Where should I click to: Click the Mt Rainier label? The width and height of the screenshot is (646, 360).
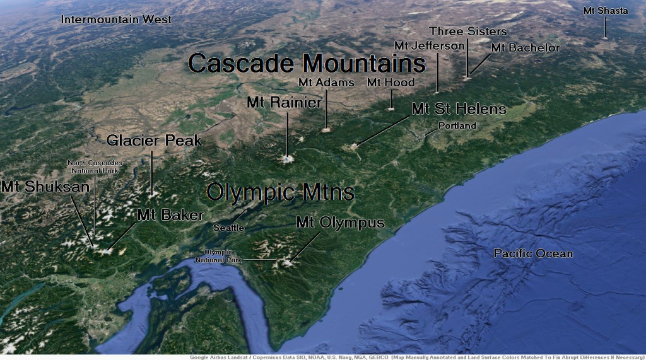point(285,102)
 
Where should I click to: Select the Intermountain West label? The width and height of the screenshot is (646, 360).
point(116,20)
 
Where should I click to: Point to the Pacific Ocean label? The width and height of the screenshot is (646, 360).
point(533,253)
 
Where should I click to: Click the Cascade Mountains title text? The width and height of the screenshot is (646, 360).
point(307,63)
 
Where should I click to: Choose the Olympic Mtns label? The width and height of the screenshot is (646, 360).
point(280,192)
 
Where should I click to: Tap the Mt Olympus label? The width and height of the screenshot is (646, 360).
point(340,223)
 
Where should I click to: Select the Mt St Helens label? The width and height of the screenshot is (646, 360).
point(459,109)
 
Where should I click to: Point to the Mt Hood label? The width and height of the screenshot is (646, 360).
point(391,83)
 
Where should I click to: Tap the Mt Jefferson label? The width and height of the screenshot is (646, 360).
point(429,45)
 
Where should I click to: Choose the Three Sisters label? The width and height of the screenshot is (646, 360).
point(467,31)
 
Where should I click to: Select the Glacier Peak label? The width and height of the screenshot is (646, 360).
point(154,140)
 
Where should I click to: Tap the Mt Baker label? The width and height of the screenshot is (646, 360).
point(170,214)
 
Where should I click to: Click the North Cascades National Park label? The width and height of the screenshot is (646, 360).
point(95,167)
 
